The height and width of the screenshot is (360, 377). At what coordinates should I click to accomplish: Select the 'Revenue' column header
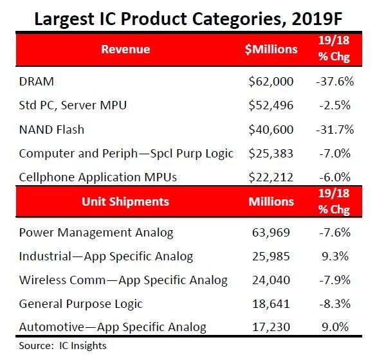click(x=125, y=49)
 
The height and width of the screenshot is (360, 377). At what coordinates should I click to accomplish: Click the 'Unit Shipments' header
click(x=125, y=201)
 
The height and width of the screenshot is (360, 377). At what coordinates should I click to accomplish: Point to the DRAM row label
click(x=37, y=82)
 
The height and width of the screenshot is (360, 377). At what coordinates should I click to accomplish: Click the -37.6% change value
click(x=335, y=82)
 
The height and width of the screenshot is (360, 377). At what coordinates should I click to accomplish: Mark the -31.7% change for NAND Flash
click(x=335, y=129)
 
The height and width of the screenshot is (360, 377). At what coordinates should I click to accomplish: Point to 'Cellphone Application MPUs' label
click(x=98, y=177)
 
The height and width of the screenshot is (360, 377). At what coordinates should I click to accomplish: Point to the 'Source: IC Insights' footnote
click(x=62, y=346)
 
